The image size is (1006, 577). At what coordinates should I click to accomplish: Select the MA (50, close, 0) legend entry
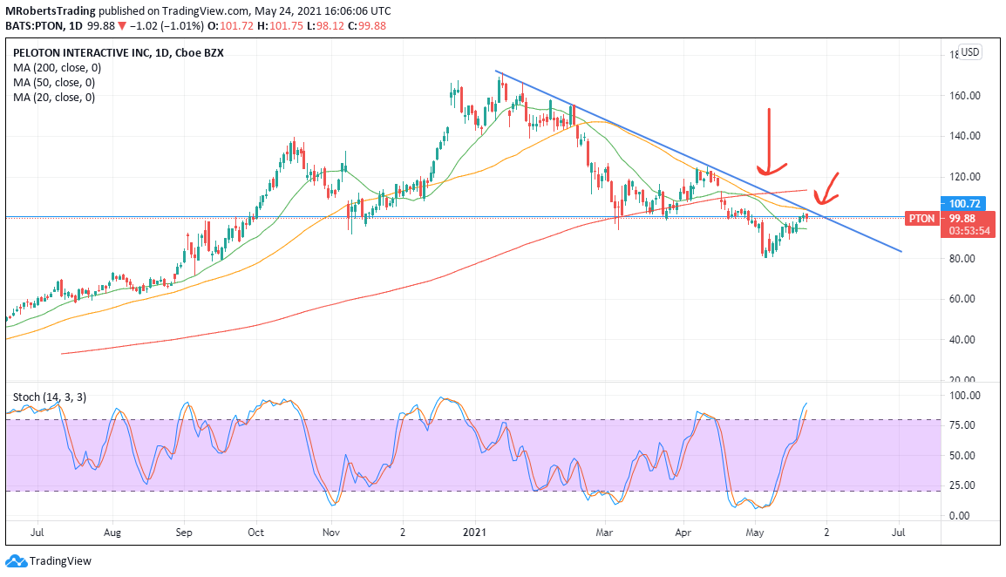[54, 83]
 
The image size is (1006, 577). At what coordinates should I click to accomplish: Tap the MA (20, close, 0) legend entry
[54, 98]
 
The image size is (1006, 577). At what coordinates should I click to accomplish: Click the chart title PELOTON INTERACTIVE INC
[81, 53]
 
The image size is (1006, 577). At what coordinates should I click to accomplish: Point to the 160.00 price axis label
[965, 96]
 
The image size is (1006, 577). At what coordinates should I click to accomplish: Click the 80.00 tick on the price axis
[962, 259]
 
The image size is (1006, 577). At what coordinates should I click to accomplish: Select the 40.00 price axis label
[962, 340]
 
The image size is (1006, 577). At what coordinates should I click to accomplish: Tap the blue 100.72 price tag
[965, 203]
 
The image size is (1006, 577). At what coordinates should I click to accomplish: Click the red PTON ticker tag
[921, 219]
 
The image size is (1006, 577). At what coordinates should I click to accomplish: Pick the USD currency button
[970, 52]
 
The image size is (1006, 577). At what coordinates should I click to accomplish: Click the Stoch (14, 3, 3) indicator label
[50, 397]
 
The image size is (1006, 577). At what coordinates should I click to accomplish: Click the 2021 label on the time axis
[475, 533]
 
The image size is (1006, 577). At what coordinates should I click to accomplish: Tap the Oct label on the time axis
[256, 533]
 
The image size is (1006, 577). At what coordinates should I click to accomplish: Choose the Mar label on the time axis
[604, 533]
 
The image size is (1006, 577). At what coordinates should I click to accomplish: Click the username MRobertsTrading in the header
[50, 11]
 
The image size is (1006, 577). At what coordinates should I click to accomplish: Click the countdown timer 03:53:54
[969, 231]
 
